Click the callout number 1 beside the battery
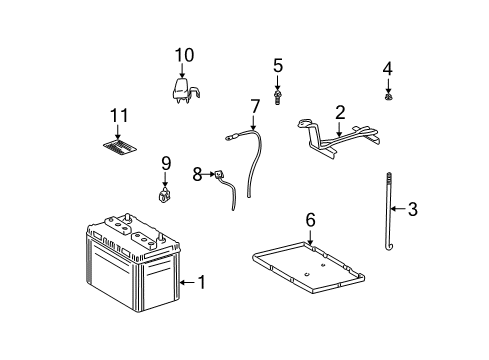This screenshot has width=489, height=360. click(x=201, y=283)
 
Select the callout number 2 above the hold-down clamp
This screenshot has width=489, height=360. click(x=340, y=112)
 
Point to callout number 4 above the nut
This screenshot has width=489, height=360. click(x=388, y=68)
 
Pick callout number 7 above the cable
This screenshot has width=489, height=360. click(x=255, y=105)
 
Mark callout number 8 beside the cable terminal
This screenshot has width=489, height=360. click(x=197, y=174)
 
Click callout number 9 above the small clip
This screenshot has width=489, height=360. click(x=166, y=162)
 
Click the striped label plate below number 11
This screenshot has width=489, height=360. click(x=118, y=147)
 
